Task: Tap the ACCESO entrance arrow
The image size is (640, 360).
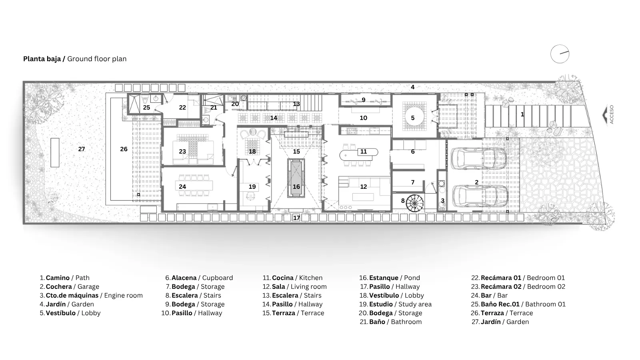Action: pos(605,115)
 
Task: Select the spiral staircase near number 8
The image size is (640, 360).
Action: pos(415,203)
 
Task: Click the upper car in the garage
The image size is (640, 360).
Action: pos(479,159)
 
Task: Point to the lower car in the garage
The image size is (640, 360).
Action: pos(480,196)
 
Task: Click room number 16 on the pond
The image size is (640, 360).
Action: pos(296,186)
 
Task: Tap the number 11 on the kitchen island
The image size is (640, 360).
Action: pos(364,152)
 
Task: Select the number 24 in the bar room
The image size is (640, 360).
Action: pos(182,186)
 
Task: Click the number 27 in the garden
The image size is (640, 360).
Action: pos(82,149)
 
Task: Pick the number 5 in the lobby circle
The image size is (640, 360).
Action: pos(412,118)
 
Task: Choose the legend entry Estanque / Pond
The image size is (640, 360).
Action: pos(390,278)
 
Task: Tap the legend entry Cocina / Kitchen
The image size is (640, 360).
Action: pos(292,278)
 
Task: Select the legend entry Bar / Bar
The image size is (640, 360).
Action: pos(489,296)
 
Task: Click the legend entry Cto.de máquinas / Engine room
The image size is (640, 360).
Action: pos(91,296)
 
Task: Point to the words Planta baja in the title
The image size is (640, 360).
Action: pos(42,59)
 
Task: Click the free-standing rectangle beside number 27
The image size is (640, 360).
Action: pos(55,152)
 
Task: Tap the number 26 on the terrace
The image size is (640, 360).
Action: pos(124,149)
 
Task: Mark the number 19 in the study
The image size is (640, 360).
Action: pos(252,186)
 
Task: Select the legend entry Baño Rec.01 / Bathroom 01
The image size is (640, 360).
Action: pos(518,304)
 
